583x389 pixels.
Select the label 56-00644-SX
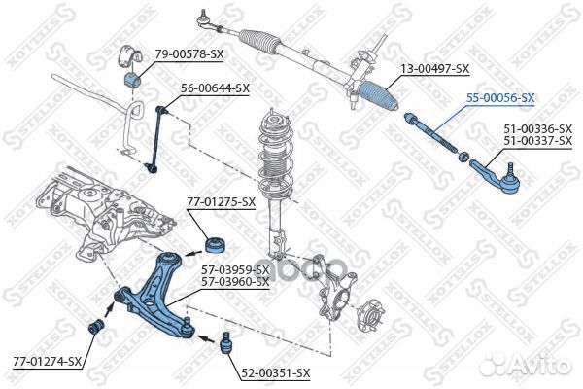(x=216, y=88)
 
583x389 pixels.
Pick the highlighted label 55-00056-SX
(x=500, y=98)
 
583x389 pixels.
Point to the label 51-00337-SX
(x=537, y=141)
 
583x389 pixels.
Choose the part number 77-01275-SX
(x=222, y=202)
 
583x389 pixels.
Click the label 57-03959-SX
(x=234, y=269)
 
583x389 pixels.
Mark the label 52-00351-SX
(x=276, y=373)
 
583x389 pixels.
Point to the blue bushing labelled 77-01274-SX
(x=97, y=325)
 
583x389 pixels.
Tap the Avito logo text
(x=537, y=365)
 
